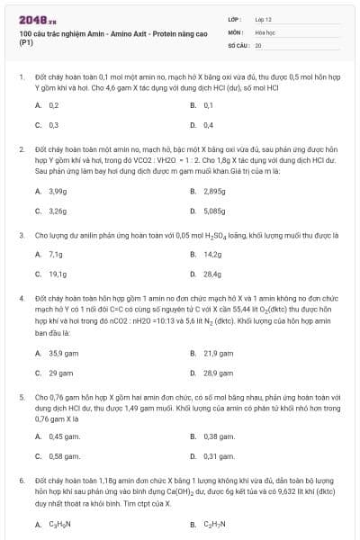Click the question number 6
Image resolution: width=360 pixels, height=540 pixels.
[x=21, y=481]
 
